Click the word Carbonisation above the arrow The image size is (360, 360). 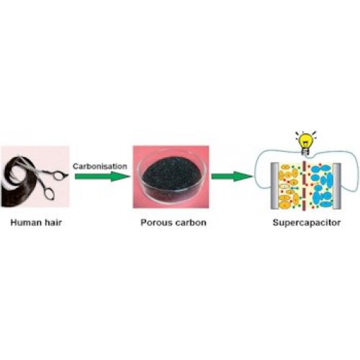point(100,166)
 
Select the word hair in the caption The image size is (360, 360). point(53,222)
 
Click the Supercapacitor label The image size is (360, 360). point(307,222)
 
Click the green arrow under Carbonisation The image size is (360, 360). point(102,176)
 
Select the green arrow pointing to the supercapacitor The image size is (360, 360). point(232,176)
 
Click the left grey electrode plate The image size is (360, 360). point(274,186)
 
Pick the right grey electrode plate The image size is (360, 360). point(337,186)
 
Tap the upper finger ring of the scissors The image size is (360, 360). point(58,175)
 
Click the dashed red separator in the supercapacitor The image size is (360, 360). point(304,186)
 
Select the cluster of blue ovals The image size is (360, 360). point(322,186)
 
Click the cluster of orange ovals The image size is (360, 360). point(289,186)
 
